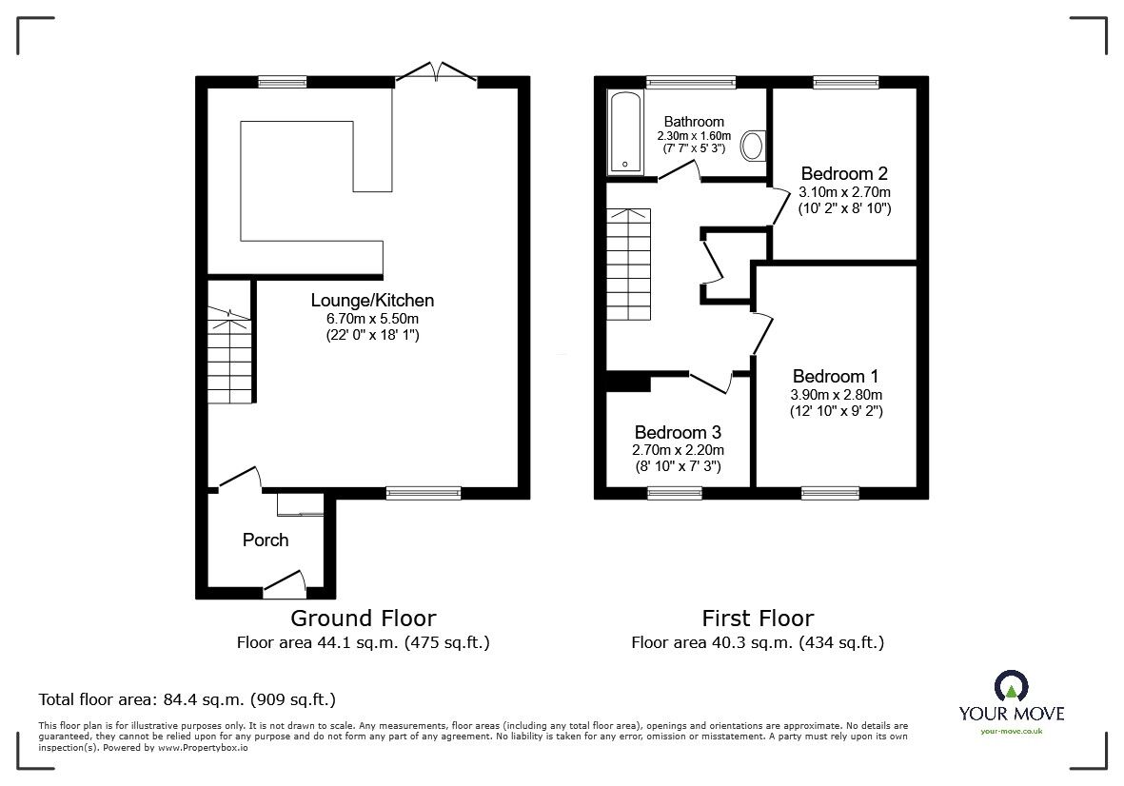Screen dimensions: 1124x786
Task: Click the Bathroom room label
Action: tap(694, 122)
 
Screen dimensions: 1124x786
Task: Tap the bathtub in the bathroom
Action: tap(626, 132)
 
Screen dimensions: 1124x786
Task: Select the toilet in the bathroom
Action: tap(754, 145)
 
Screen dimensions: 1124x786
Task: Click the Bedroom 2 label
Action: tap(844, 173)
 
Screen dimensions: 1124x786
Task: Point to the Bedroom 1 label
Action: tap(836, 376)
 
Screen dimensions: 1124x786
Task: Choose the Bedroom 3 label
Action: tap(678, 432)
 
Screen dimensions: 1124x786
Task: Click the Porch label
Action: tap(266, 540)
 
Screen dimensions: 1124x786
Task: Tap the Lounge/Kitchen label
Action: tap(372, 300)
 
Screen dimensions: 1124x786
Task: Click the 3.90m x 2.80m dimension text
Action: tap(837, 395)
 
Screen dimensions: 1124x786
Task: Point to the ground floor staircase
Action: tap(229, 355)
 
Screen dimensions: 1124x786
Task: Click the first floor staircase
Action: tap(629, 265)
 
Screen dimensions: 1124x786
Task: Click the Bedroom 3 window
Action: tap(675, 493)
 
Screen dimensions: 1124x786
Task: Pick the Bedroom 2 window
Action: tap(846, 83)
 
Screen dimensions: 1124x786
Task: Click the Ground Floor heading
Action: tap(364, 618)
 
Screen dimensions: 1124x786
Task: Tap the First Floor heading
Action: tap(758, 618)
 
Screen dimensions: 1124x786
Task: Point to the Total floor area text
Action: tap(187, 699)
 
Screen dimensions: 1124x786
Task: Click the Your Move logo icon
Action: tap(1012, 686)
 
